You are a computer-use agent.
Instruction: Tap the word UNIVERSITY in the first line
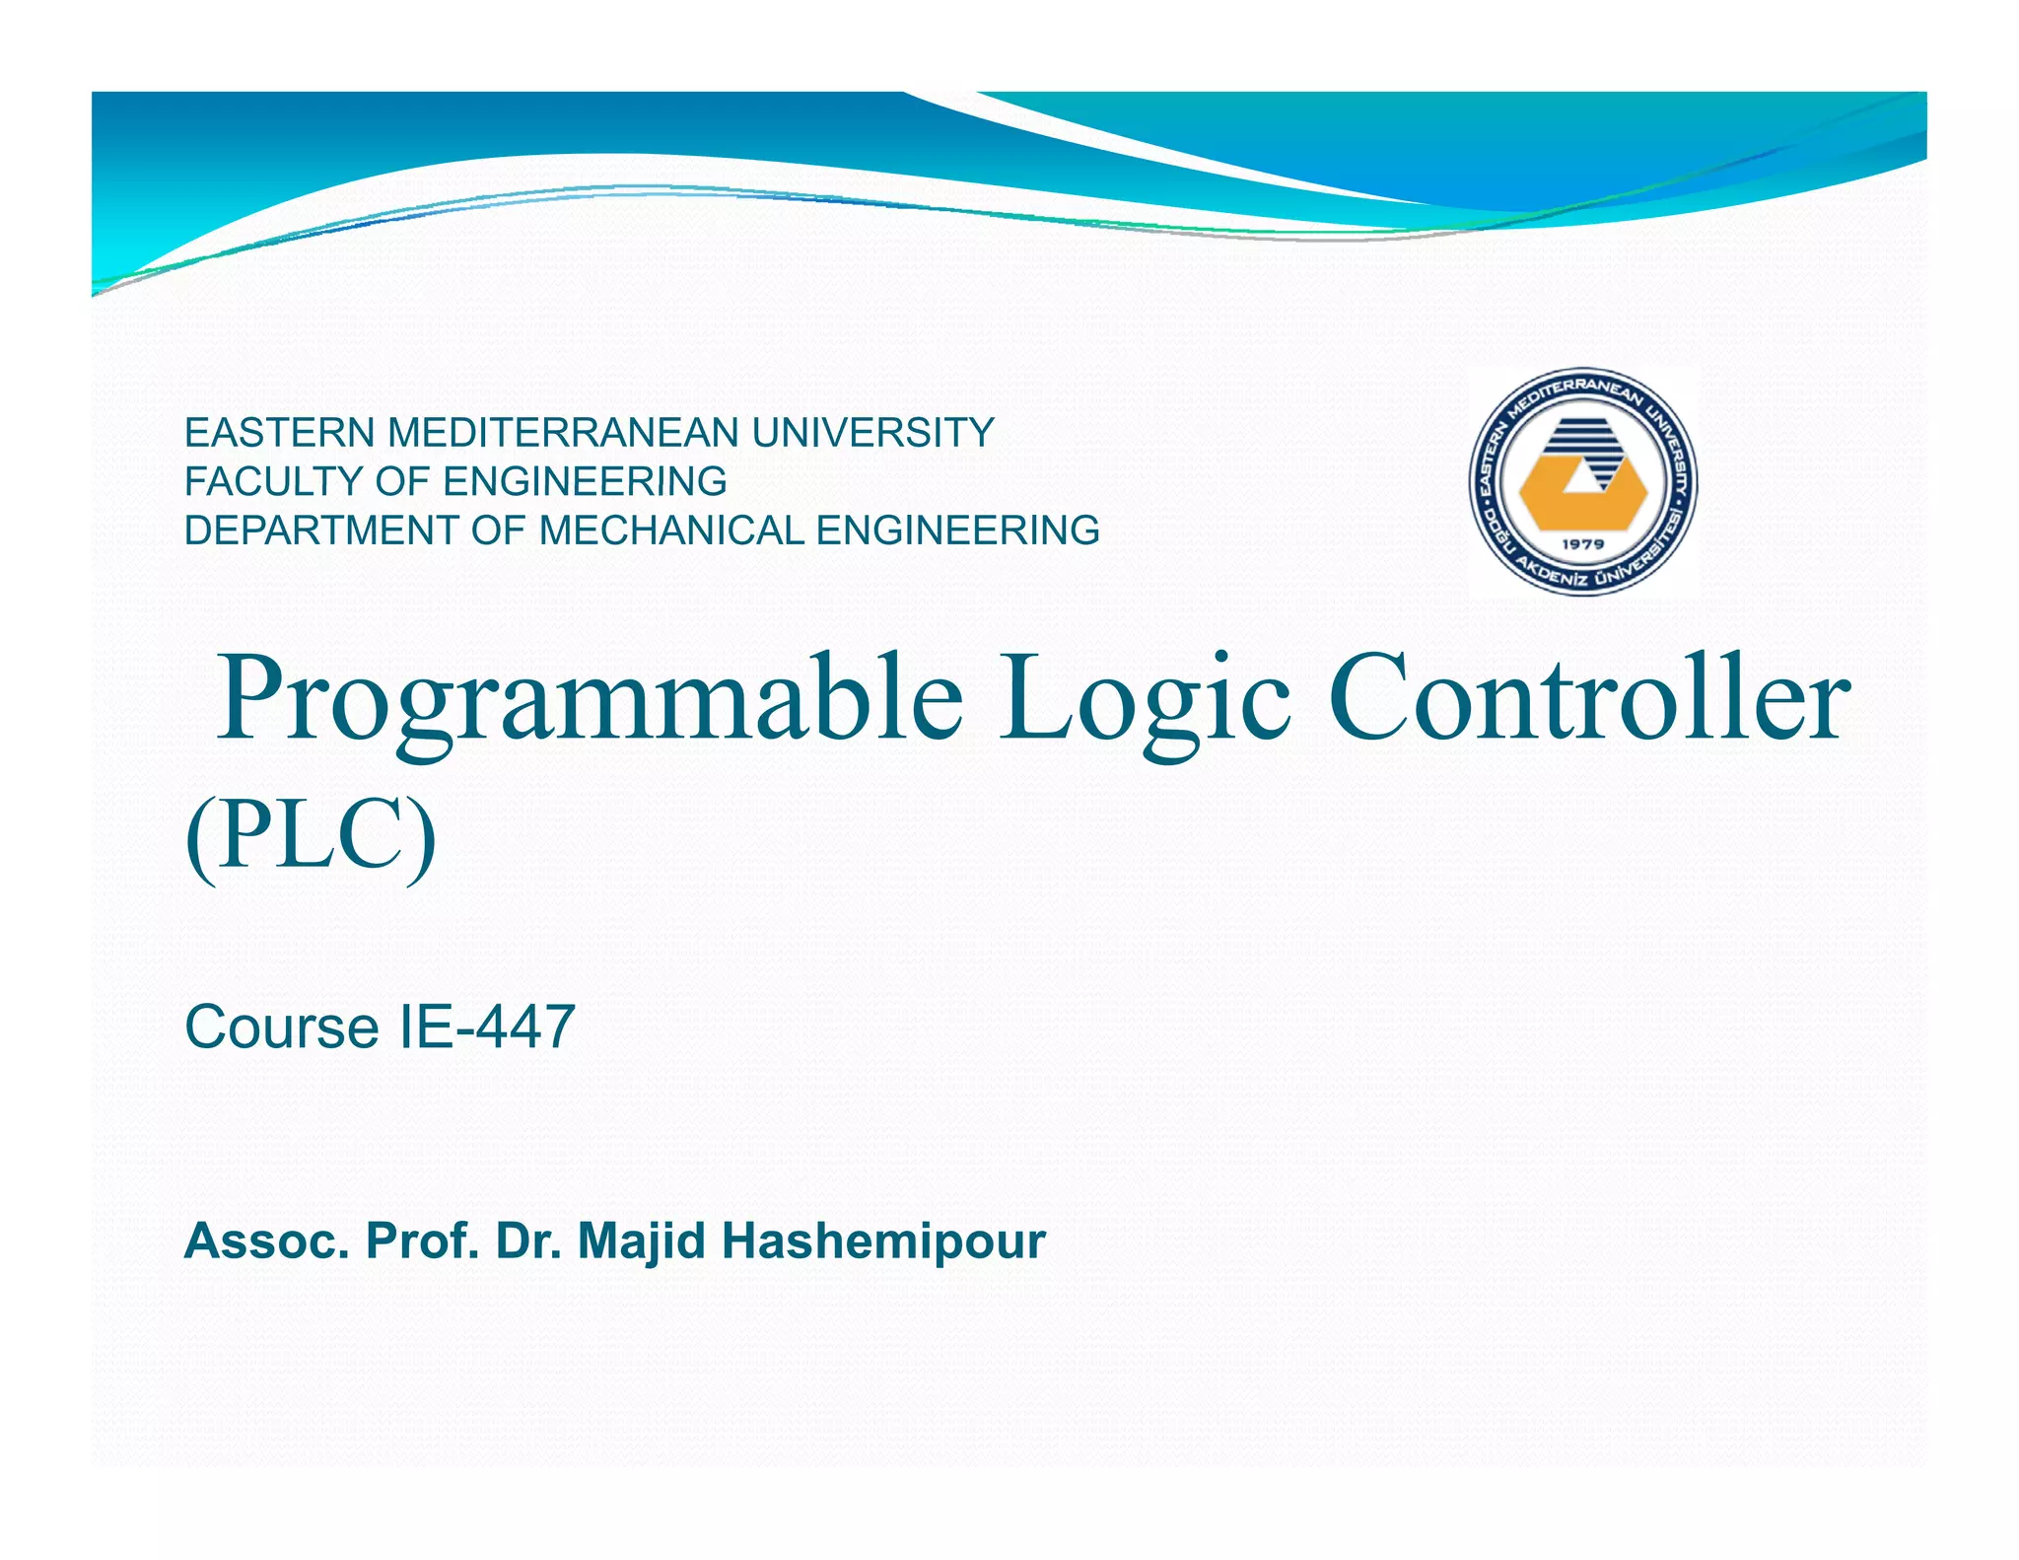tap(872, 433)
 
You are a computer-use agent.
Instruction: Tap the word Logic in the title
tap(1145, 698)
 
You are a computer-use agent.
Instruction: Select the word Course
tap(281, 1027)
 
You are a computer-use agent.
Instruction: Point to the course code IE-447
tap(486, 1027)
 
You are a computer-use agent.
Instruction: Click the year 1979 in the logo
tap(1583, 543)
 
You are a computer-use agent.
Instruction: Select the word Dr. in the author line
tap(528, 1241)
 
